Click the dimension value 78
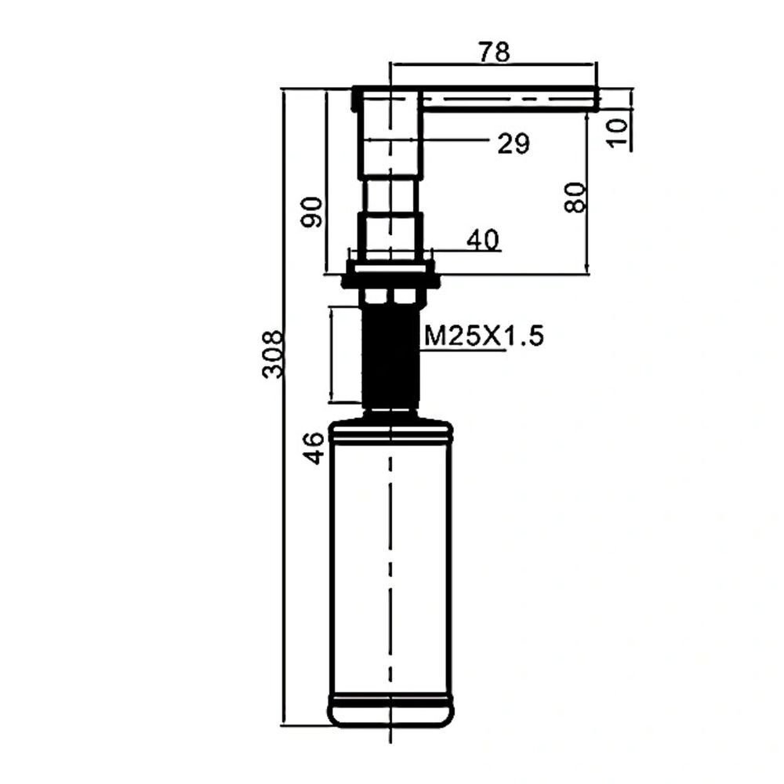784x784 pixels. click(x=494, y=52)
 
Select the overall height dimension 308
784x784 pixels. click(x=273, y=354)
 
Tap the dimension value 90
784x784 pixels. click(x=312, y=212)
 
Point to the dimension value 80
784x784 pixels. click(x=575, y=198)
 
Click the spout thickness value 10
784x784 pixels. click(x=618, y=132)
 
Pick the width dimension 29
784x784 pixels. click(x=513, y=144)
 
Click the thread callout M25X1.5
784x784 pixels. click(x=484, y=336)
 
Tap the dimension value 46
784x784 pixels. click(x=314, y=448)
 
